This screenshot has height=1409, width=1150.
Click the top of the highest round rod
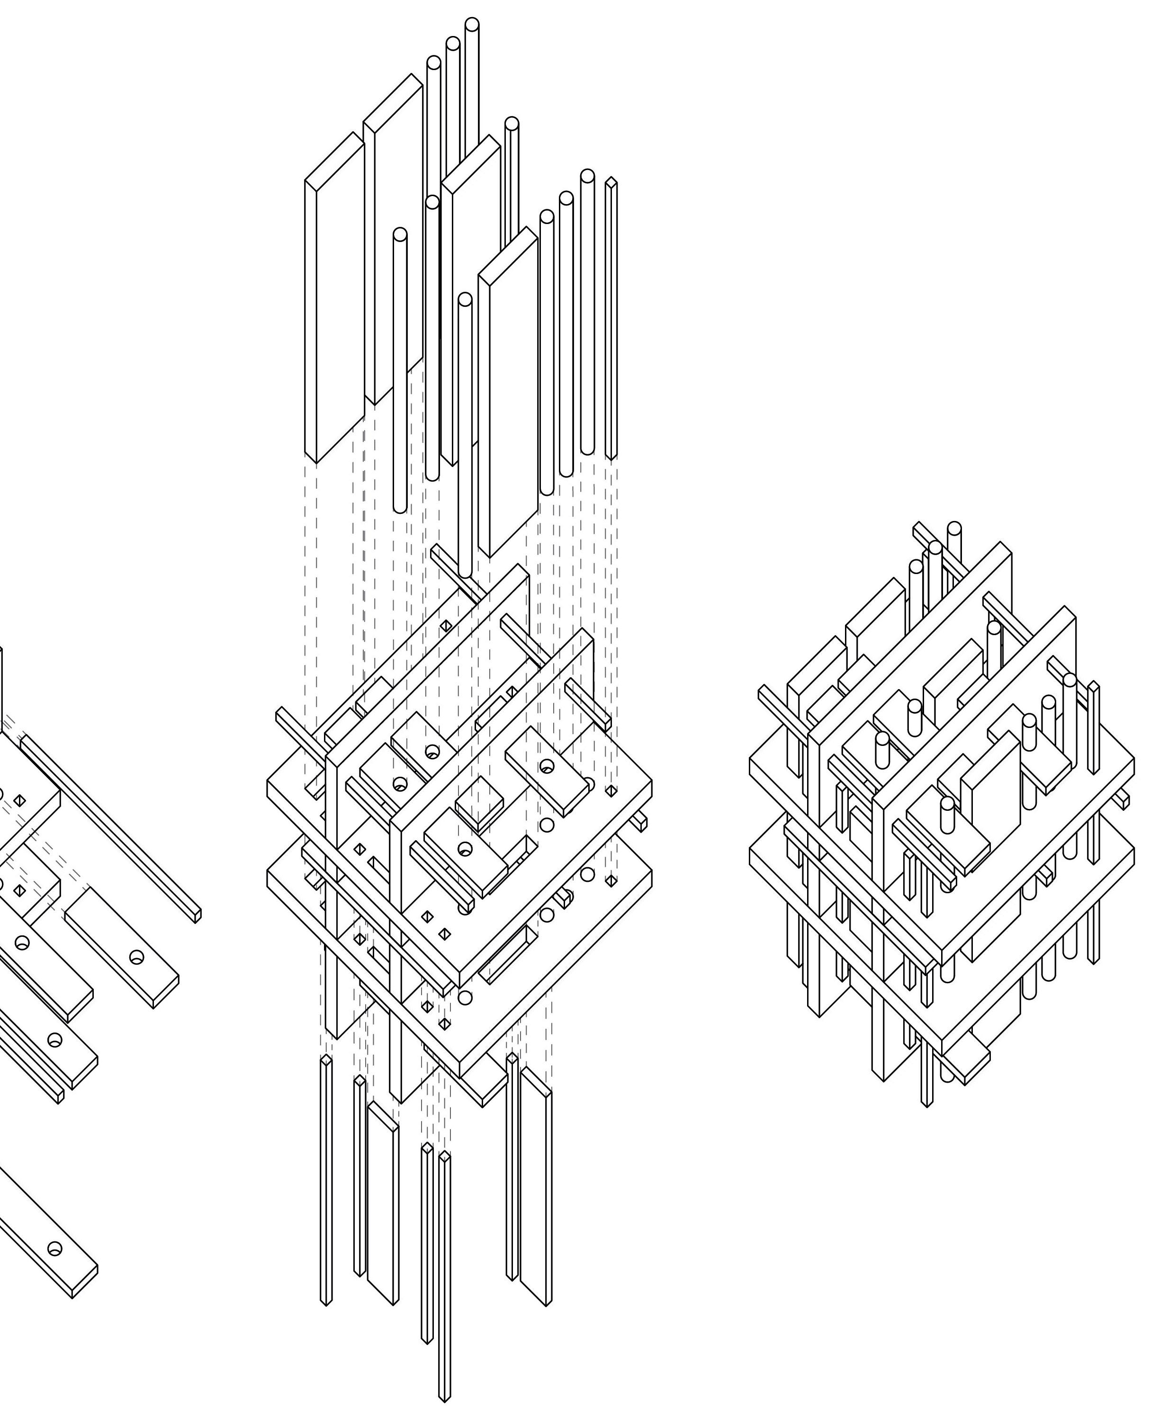[472, 25]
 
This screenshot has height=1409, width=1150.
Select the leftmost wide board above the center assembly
[334, 298]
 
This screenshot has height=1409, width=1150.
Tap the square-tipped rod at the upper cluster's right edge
[611, 318]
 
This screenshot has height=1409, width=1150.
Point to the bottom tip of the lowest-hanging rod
[444, 1398]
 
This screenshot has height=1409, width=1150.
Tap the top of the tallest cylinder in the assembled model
[954, 529]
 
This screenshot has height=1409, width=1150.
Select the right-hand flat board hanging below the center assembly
[536, 1186]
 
